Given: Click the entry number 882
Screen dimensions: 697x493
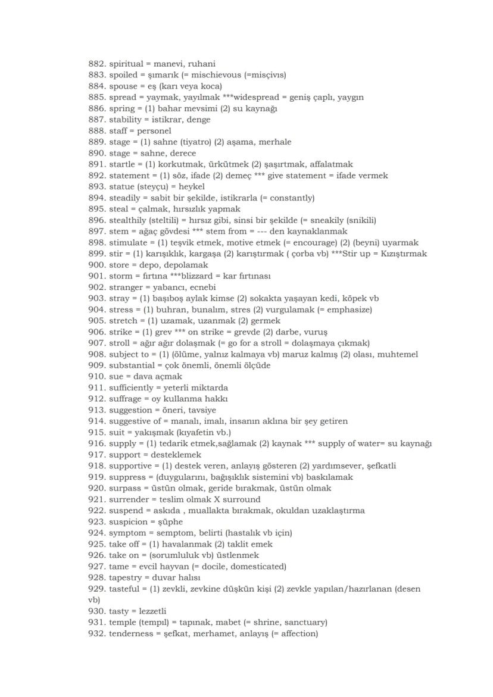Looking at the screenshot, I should (96, 64).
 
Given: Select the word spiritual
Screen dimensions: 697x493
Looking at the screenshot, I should (126, 64).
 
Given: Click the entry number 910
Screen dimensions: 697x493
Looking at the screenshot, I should (96, 377).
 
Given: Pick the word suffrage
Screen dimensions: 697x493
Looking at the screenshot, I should (127, 399).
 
